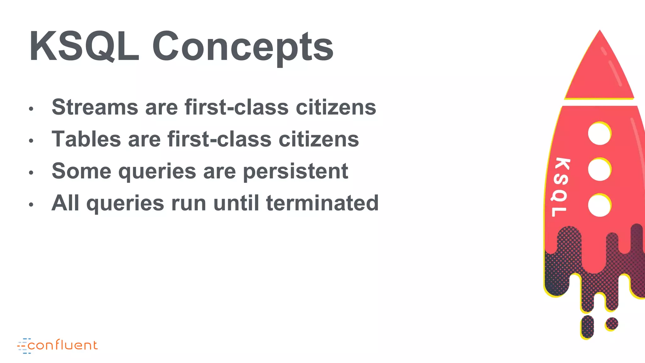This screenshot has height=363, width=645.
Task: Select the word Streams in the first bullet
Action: tap(95, 107)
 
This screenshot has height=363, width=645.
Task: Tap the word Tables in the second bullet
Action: tap(86, 139)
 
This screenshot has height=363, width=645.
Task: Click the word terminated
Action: tap(322, 203)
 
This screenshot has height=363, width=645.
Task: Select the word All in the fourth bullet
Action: tap(65, 203)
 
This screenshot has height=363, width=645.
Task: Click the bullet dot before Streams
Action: tap(31, 109)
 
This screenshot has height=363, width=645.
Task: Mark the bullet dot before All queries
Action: tap(31, 205)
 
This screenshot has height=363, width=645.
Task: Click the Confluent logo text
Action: tap(62, 346)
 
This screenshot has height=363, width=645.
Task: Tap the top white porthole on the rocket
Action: tap(599, 134)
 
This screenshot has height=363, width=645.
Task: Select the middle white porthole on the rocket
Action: tap(599, 170)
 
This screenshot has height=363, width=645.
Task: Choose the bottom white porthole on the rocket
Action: tap(599, 205)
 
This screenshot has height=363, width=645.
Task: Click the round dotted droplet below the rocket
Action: tap(612, 324)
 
